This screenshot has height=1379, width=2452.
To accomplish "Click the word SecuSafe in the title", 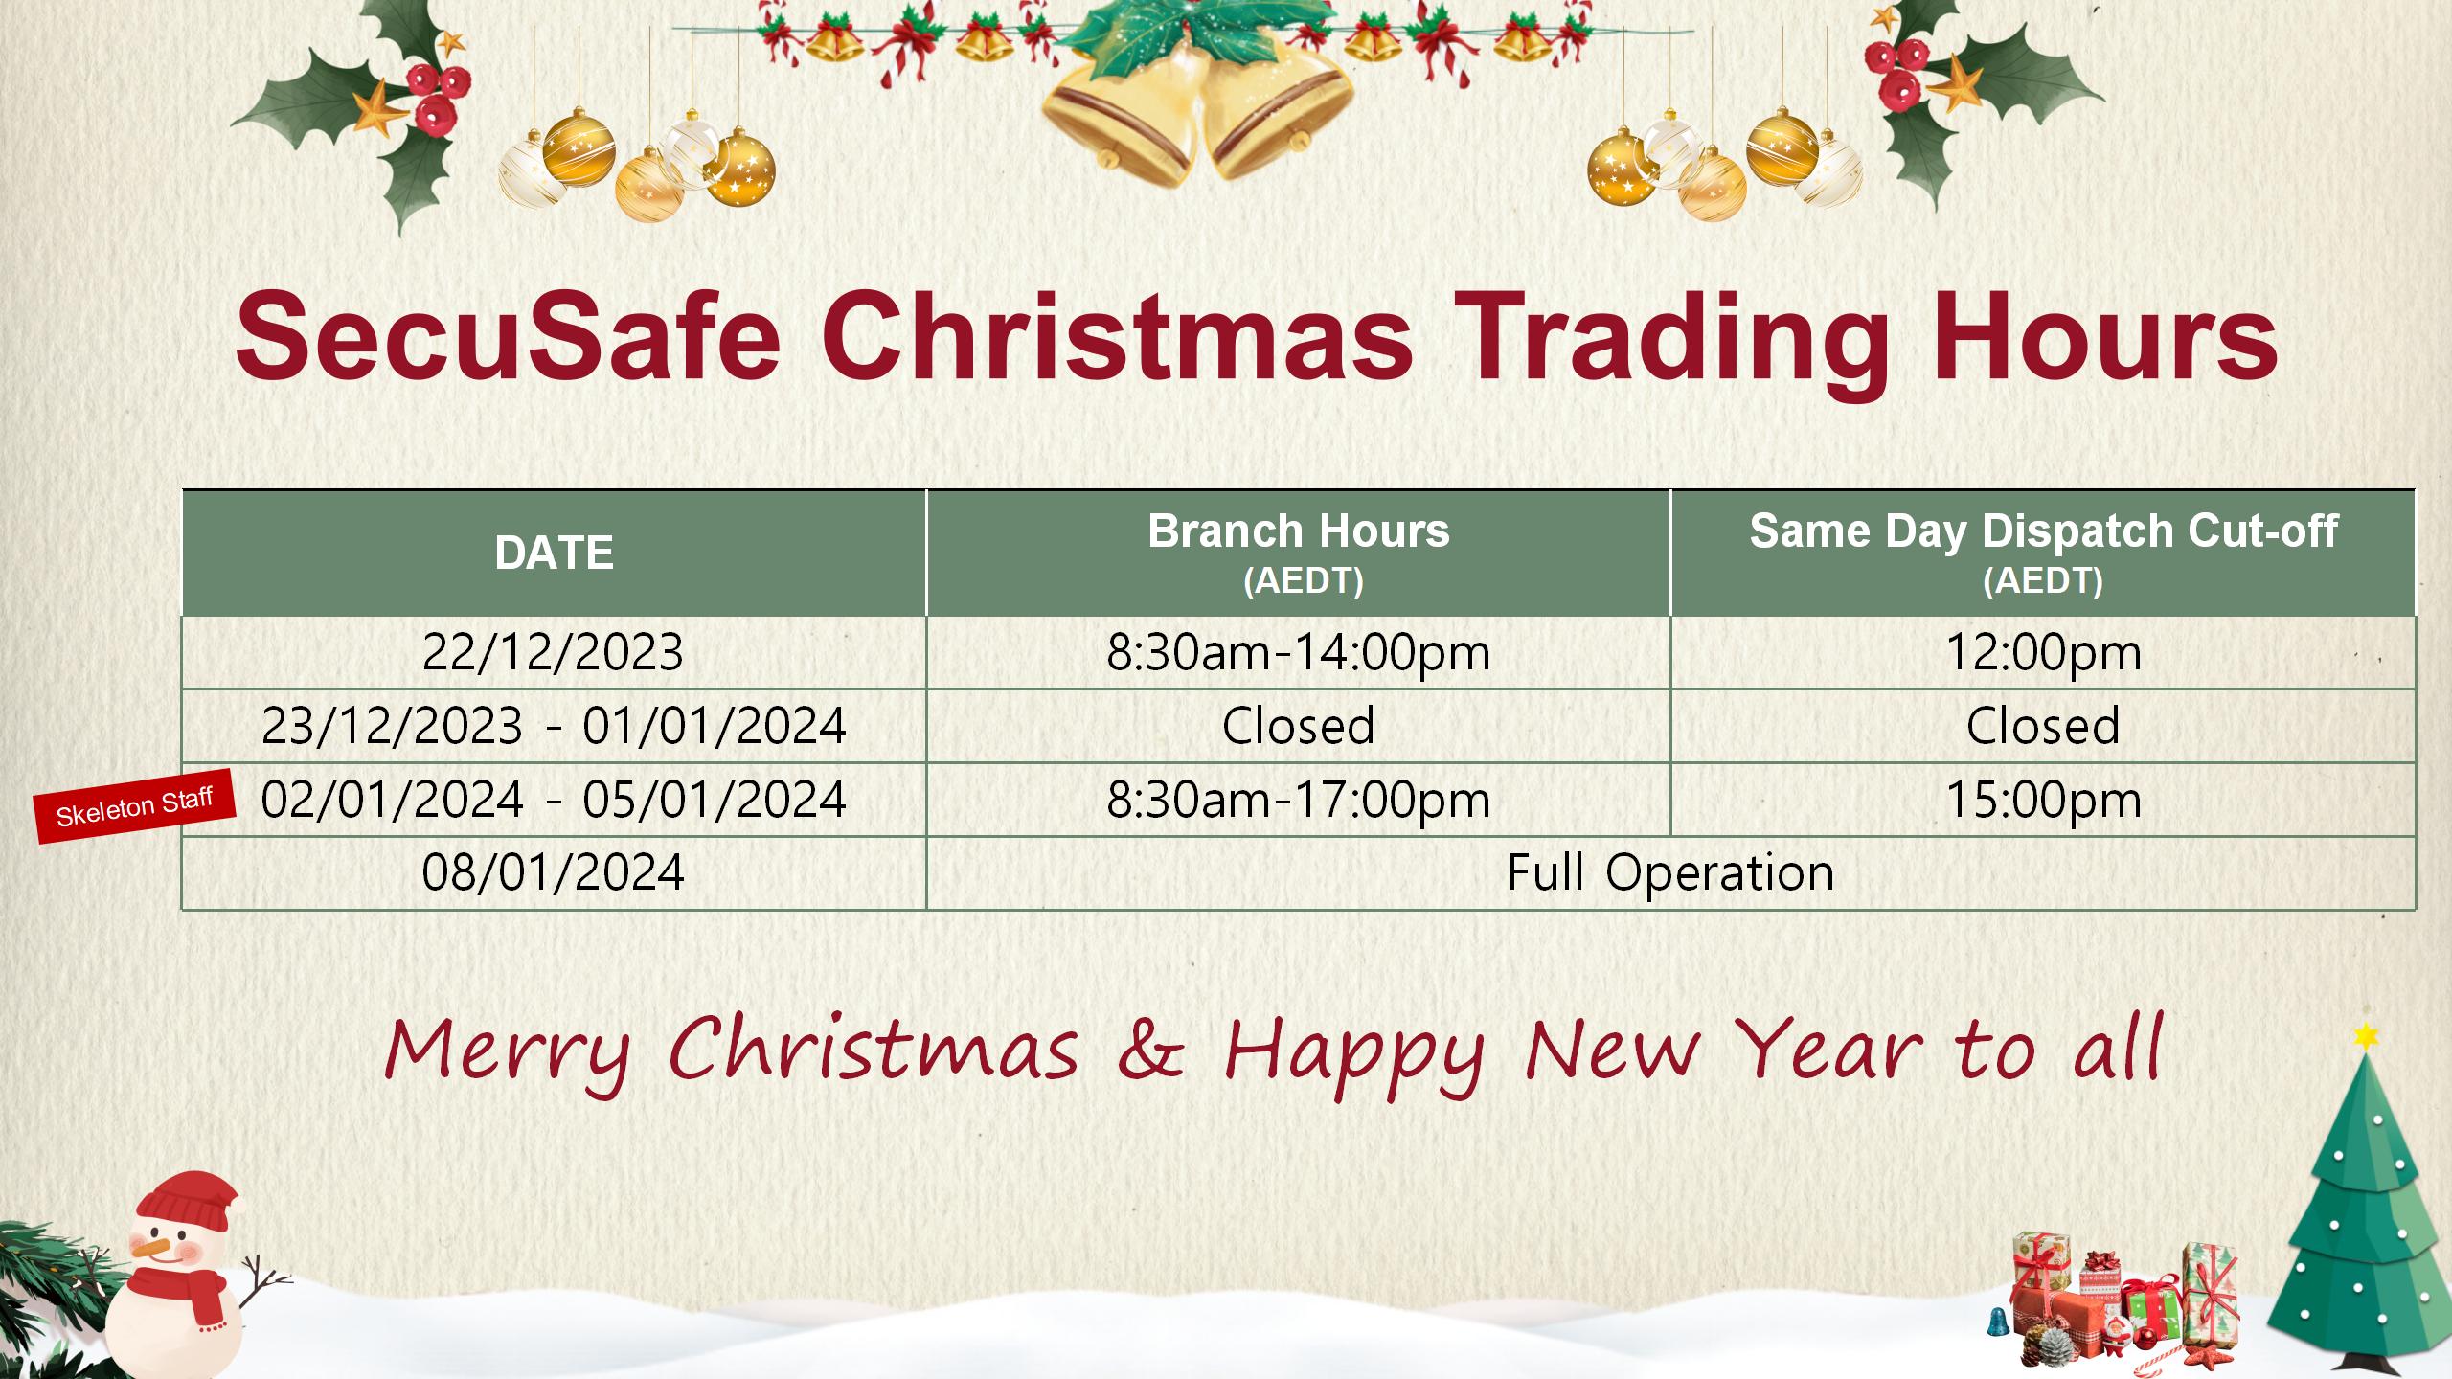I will (x=508, y=335).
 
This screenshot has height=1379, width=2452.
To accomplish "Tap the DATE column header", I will (x=554, y=554).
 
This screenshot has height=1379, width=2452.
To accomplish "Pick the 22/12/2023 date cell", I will (x=554, y=653).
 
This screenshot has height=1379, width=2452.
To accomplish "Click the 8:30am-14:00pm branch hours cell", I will (x=1299, y=653).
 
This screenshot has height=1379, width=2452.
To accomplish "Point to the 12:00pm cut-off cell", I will (x=2043, y=653).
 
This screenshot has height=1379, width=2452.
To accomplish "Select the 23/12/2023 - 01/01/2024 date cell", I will (x=554, y=726).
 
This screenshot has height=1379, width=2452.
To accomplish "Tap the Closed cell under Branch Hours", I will (x=1299, y=726).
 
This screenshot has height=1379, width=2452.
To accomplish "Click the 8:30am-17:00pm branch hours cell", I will (x=1299, y=800).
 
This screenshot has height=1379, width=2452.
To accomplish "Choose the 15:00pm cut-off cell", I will (x=2043, y=800).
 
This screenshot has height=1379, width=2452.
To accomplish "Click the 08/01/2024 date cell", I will (x=554, y=872).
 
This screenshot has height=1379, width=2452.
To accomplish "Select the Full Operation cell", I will (x=1670, y=872).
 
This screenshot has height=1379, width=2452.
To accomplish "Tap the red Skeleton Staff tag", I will (x=135, y=806).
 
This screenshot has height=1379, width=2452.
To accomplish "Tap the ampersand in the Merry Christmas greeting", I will (x=1151, y=1050).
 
